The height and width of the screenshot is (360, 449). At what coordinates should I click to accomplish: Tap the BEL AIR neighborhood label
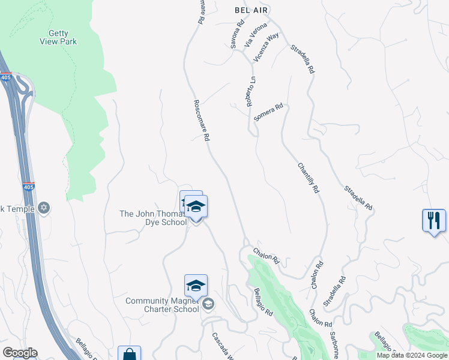251,10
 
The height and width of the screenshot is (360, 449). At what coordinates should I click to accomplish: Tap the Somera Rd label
268,113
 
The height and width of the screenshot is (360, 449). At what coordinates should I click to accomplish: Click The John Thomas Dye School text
153,218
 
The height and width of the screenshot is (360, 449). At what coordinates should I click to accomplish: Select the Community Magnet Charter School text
162,305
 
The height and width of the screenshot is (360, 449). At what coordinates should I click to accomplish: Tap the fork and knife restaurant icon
433,220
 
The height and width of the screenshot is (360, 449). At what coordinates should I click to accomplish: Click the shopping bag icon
129,354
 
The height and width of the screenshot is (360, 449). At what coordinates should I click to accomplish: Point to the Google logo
20,353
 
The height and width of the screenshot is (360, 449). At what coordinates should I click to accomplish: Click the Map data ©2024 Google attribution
412,355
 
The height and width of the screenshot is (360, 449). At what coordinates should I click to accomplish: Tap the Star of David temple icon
43,209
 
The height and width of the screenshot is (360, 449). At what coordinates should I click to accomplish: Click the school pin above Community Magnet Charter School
196,286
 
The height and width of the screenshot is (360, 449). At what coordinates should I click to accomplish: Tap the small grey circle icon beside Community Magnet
208,304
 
